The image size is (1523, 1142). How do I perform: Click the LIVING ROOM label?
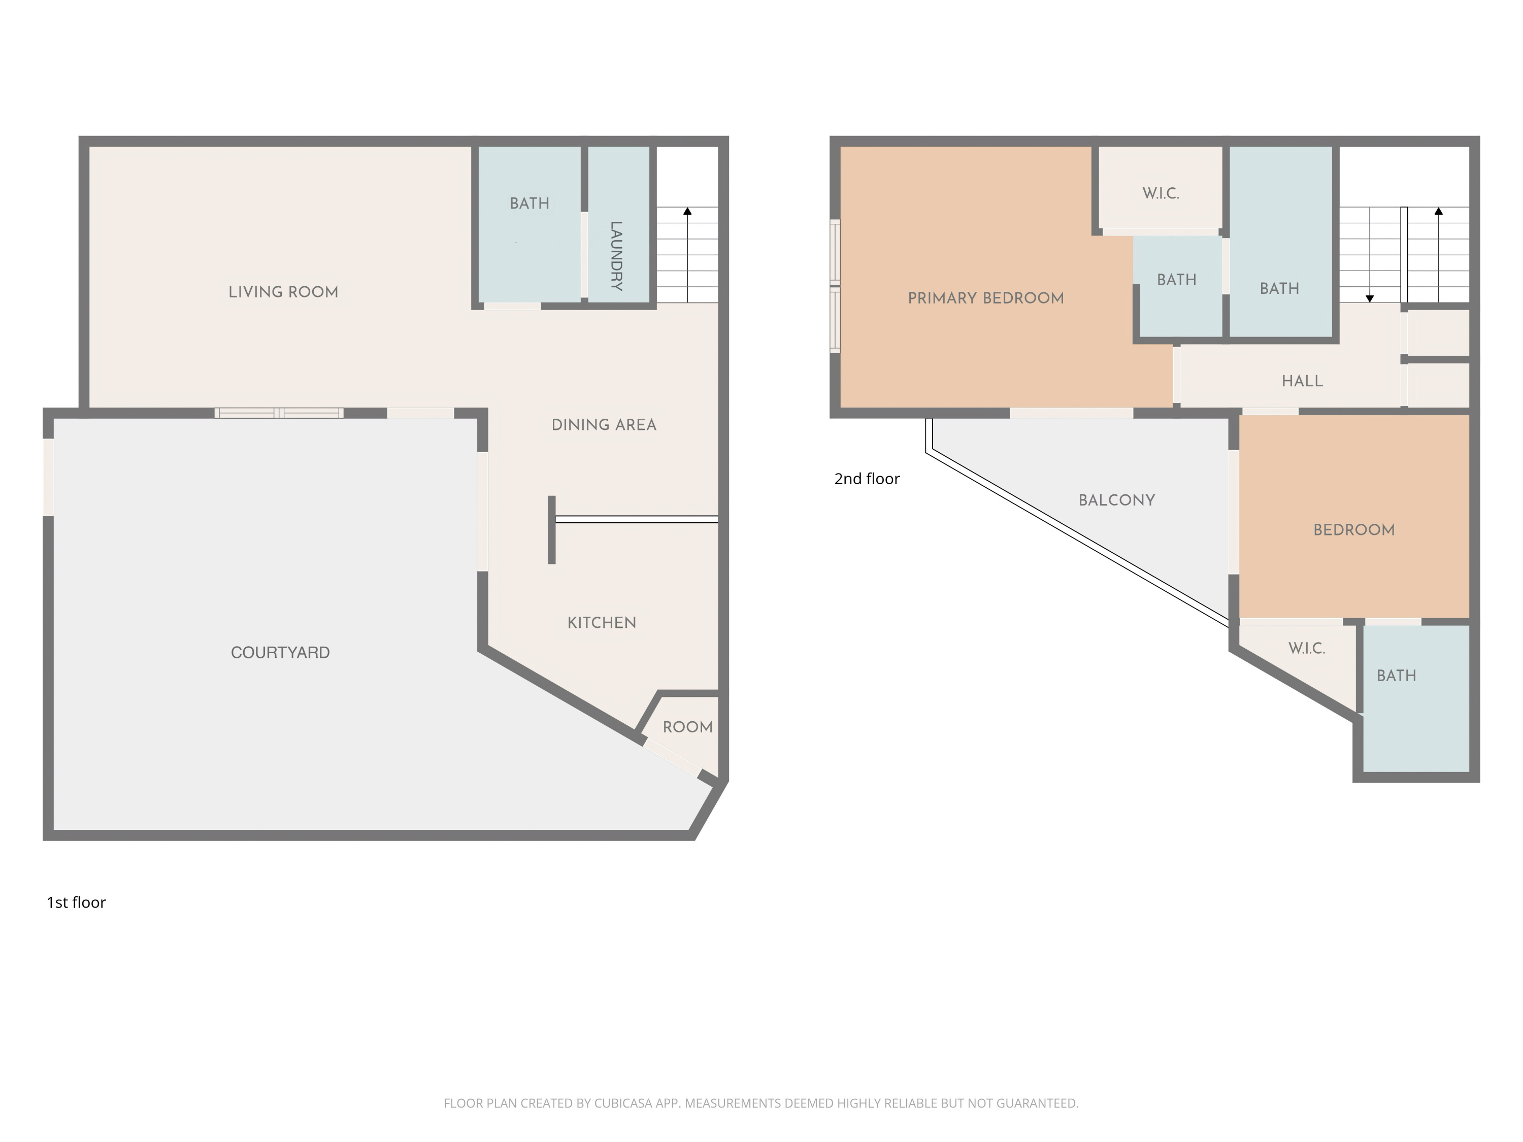click(283, 292)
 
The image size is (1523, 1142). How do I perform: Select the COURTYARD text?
click(280, 653)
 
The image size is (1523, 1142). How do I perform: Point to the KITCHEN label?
click(602, 623)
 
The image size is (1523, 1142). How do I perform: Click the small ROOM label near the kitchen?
click(687, 727)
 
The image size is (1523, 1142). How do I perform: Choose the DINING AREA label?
click(604, 425)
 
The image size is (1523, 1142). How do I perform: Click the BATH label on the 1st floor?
click(529, 204)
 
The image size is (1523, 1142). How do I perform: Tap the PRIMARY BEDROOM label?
click(986, 298)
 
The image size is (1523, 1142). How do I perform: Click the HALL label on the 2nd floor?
click(1302, 381)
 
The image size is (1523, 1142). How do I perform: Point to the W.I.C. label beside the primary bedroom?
click(1161, 194)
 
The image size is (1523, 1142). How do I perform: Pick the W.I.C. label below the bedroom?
click(1306, 649)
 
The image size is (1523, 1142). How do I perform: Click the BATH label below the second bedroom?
click(1396, 676)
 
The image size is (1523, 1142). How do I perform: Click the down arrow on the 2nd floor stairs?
click(1370, 298)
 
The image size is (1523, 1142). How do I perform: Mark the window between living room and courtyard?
click(279, 413)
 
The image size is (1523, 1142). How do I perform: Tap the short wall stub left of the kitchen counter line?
click(551, 529)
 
